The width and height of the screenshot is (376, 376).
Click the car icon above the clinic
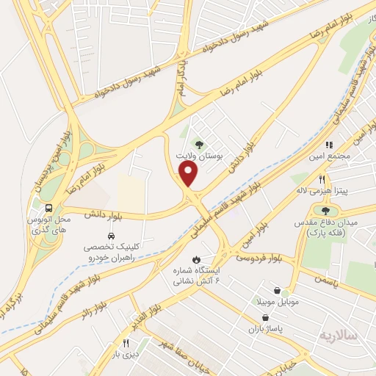(x=110, y=236)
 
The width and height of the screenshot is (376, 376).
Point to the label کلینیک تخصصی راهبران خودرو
(x=109, y=254)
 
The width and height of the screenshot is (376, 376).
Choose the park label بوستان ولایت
(x=196, y=156)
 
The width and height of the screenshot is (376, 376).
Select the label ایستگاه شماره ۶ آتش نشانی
(x=196, y=275)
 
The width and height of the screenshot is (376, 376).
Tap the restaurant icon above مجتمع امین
(x=330, y=145)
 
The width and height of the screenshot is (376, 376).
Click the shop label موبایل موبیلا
(x=275, y=302)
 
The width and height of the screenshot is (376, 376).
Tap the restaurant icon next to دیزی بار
(x=126, y=343)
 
